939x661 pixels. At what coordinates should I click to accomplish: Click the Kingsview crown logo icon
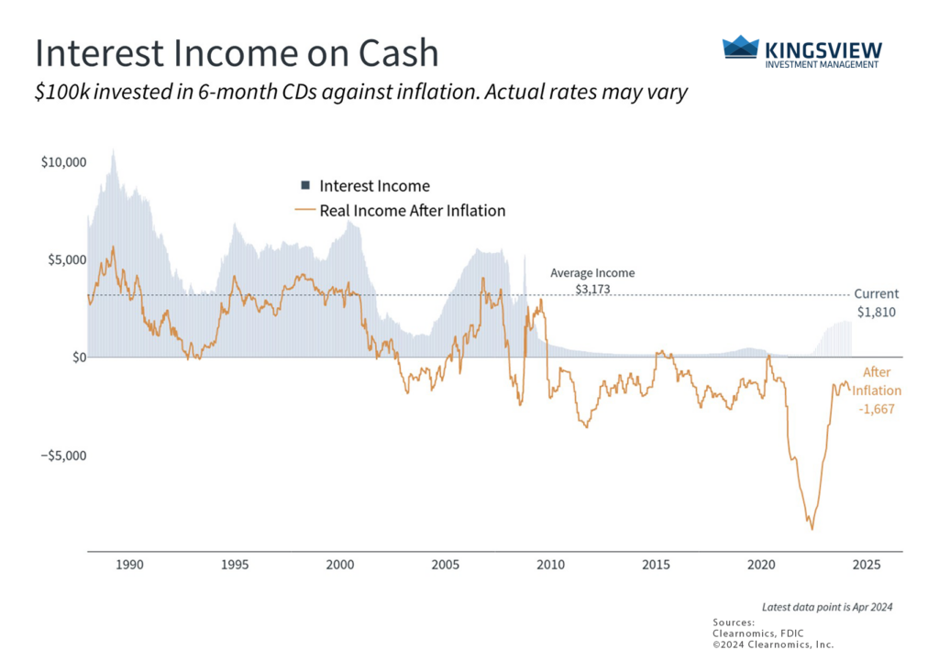[740, 48]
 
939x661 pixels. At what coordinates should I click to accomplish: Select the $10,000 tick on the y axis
[63, 162]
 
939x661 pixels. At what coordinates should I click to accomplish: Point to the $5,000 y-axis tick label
[66, 259]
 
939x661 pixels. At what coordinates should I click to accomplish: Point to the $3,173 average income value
[592, 289]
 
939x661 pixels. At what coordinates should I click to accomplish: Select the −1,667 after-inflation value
[876, 409]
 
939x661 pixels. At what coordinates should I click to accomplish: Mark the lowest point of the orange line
[812, 529]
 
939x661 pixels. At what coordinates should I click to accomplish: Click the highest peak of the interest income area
[113, 149]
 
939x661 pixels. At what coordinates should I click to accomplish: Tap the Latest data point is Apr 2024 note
[827, 607]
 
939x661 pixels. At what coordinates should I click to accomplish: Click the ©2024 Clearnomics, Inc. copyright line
[773, 644]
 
